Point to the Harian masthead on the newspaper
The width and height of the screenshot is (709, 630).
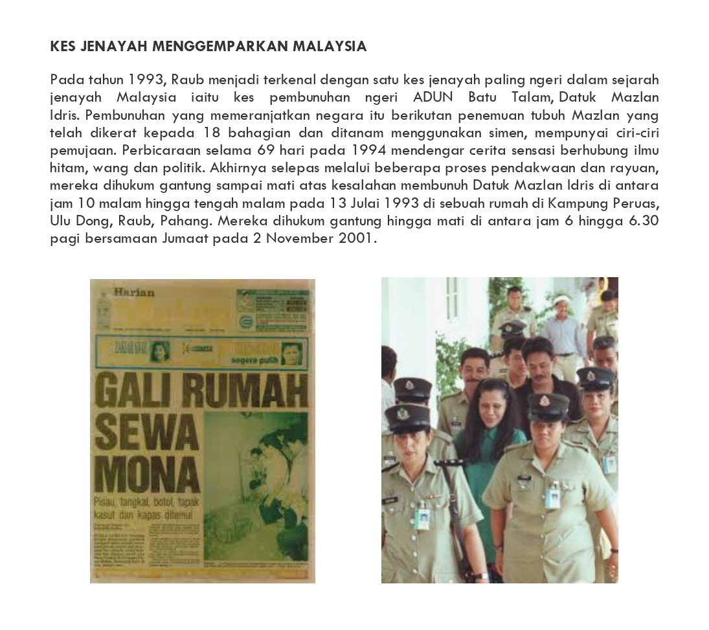[134, 292]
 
